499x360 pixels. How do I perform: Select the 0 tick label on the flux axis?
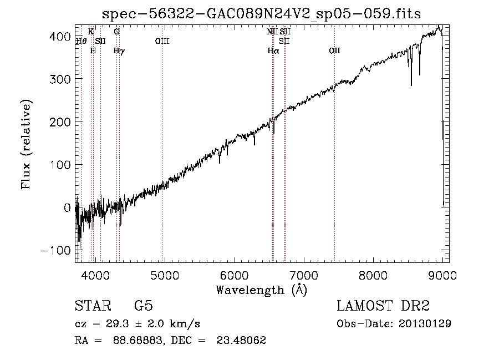68,207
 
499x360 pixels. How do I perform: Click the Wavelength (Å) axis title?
261,290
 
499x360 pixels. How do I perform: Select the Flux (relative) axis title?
26,144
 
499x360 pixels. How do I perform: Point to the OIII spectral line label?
162,40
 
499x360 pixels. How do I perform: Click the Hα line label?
273,50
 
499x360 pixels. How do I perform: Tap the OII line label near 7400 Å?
334,50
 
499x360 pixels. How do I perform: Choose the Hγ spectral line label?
119,50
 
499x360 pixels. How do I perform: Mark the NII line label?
272,32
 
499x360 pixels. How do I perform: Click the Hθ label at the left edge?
81,40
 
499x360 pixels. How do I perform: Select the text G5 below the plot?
144,306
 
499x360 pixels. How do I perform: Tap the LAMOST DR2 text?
383,306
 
